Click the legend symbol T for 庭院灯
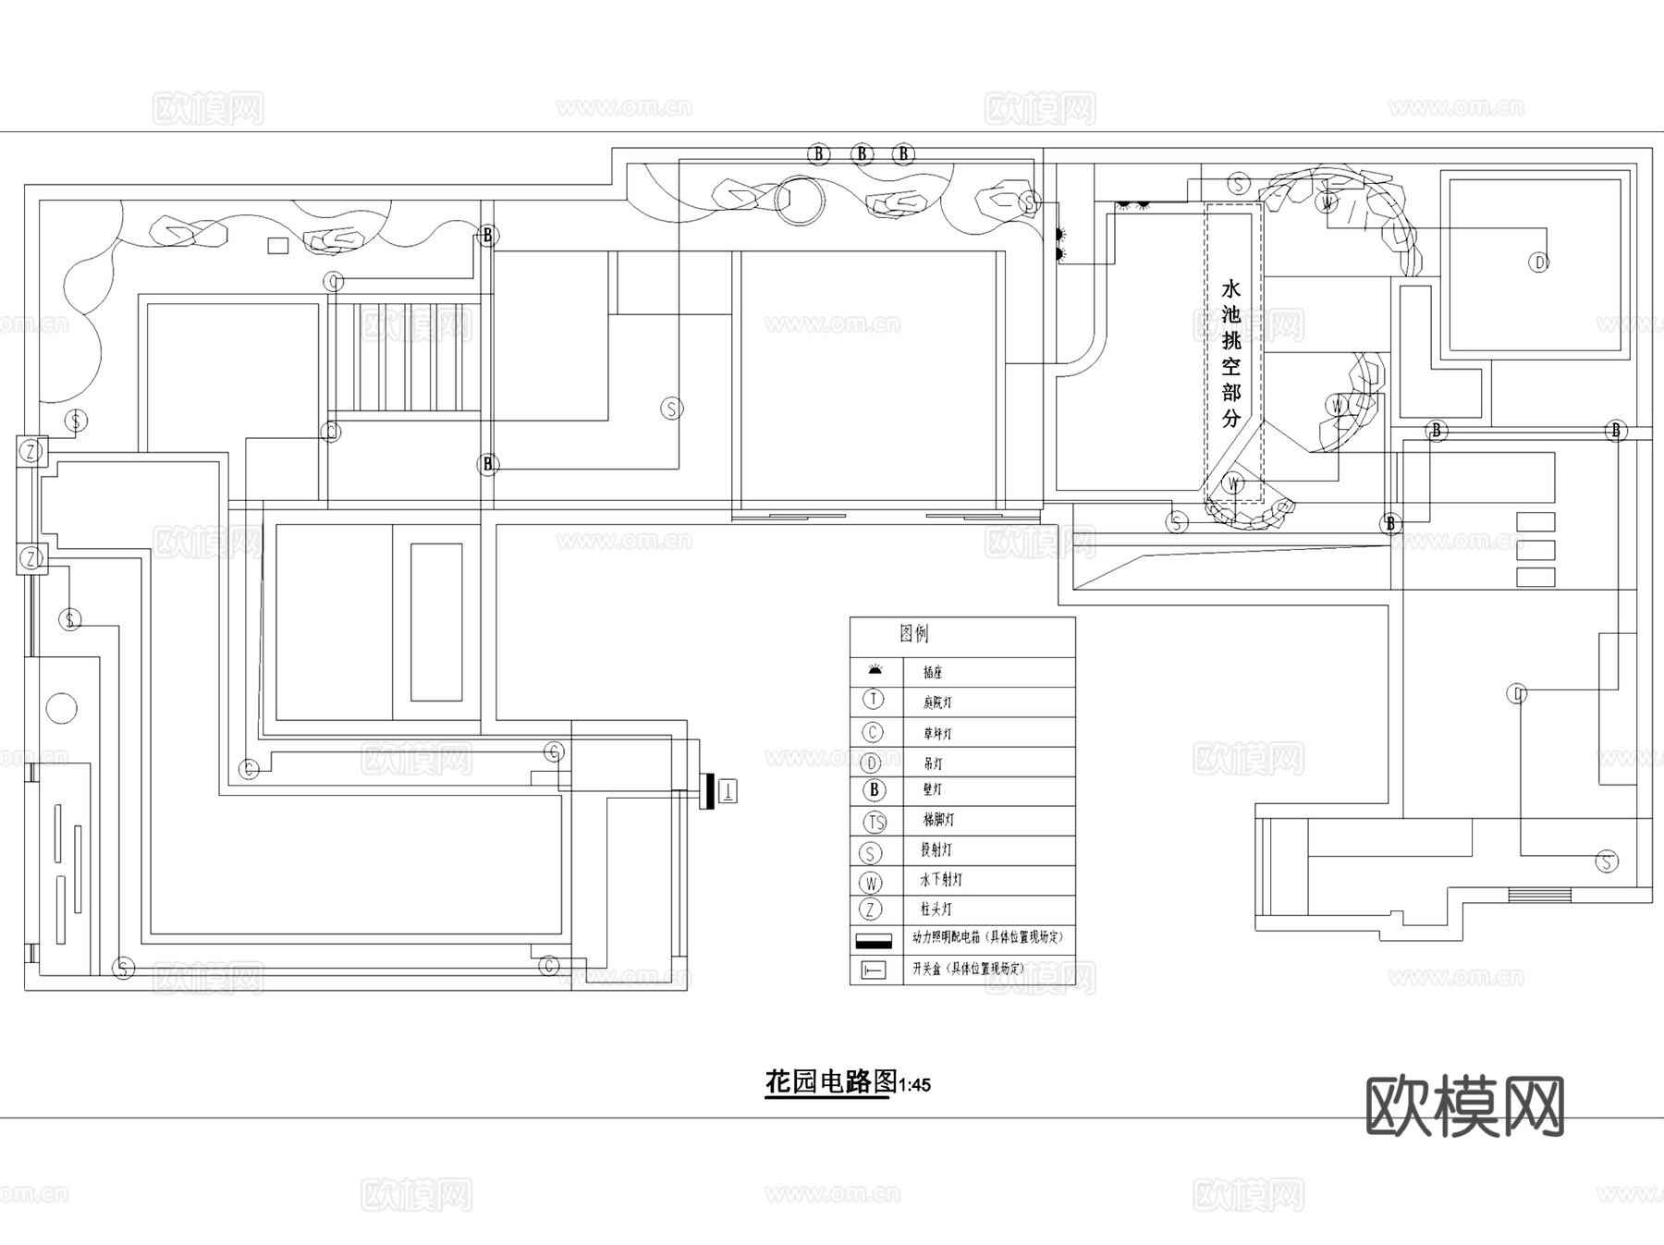(x=873, y=700)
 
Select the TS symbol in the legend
(x=874, y=821)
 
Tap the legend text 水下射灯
(x=941, y=880)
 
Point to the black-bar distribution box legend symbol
(x=874, y=941)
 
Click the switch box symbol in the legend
(x=873, y=970)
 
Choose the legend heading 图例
(x=914, y=633)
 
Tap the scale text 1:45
(x=914, y=1085)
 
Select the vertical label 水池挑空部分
(x=1231, y=353)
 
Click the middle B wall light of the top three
(x=863, y=153)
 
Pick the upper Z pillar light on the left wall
(x=32, y=451)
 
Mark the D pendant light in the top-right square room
(x=1539, y=262)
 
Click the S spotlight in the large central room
(x=672, y=408)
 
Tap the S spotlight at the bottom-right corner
(x=1607, y=861)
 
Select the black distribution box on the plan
(x=708, y=790)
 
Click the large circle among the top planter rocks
(x=798, y=201)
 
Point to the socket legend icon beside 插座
(x=874, y=670)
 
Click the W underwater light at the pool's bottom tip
(x=1232, y=482)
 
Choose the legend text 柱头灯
(x=936, y=909)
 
